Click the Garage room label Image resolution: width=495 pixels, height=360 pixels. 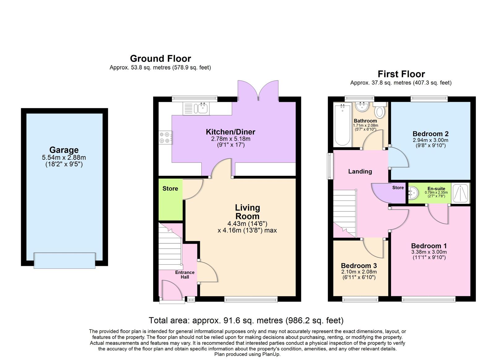[64, 150]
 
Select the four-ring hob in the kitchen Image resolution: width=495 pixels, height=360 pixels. [165, 137]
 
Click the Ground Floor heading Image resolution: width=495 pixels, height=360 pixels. [160, 59]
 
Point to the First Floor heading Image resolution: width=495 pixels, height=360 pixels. [401, 74]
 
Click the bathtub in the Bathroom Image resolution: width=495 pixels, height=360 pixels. [342, 125]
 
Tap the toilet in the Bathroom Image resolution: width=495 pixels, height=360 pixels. [380, 111]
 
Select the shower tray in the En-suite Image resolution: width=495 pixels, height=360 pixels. [461, 193]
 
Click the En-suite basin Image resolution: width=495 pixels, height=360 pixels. [413, 193]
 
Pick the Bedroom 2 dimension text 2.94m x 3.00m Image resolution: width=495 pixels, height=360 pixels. [430, 140]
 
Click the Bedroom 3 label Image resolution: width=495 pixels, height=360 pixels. [359, 266]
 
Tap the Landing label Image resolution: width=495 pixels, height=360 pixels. [360, 171]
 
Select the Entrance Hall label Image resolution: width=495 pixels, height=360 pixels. [185, 275]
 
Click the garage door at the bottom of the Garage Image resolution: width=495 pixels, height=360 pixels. [64, 260]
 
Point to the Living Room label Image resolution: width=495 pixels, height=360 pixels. [247, 212]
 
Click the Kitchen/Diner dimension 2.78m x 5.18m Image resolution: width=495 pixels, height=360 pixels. [230, 139]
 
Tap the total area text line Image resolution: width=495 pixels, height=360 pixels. [246, 320]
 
